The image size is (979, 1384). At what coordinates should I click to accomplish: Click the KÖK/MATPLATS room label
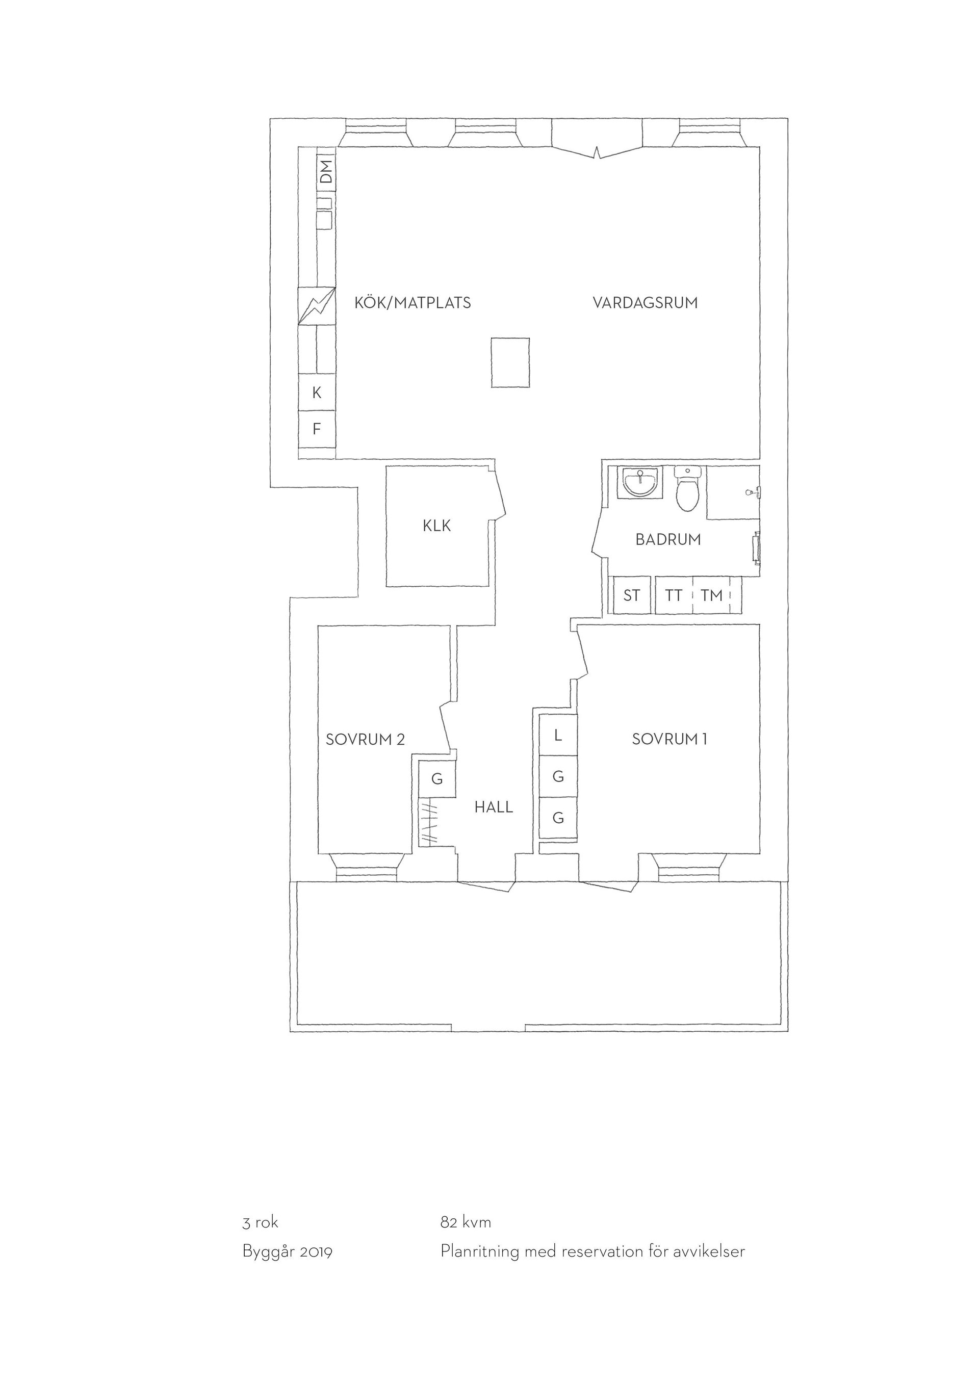tap(413, 303)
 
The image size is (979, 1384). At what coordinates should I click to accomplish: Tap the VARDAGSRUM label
tap(645, 303)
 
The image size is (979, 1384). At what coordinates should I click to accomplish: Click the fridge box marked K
tap(317, 393)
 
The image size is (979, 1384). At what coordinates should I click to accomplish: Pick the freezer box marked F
tap(317, 429)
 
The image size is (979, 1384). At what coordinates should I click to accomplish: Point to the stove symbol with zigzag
tap(317, 306)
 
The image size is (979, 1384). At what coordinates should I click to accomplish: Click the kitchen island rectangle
tap(510, 362)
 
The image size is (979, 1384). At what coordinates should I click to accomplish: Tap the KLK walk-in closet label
tap(437, 526)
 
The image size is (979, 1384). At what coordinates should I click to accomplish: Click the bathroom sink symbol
tap(639, 482)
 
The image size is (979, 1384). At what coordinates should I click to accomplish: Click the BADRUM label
tap(668, 539)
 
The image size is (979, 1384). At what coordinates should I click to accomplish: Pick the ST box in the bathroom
tap(632, 595)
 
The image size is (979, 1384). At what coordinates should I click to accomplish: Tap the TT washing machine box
tap(674, 595)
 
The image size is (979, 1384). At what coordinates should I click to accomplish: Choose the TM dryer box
tap(712, 595)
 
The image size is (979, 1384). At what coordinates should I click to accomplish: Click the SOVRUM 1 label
tap(669, 739)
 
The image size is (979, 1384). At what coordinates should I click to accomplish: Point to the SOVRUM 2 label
tap(365, 740)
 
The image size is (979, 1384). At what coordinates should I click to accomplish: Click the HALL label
tap(494, 807)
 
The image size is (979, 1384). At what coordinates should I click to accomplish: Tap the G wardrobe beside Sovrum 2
tap(437, 779)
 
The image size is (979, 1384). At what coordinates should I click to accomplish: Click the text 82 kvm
tap(466, 1222)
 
